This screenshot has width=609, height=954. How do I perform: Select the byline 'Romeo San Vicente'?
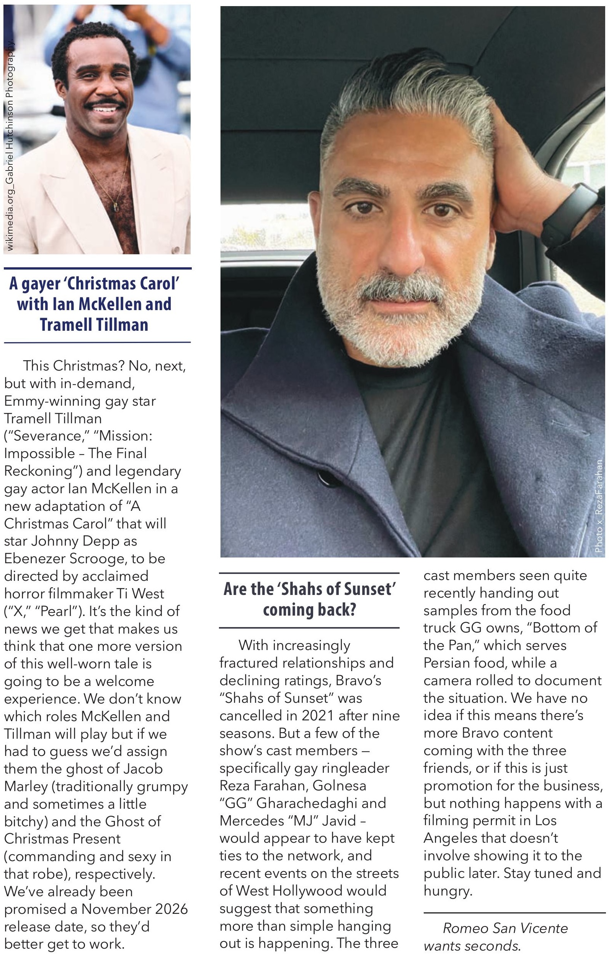coord(505,928)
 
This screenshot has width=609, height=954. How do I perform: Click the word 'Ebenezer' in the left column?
coord(35,559)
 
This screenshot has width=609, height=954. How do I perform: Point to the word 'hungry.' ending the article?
coord(447,891)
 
